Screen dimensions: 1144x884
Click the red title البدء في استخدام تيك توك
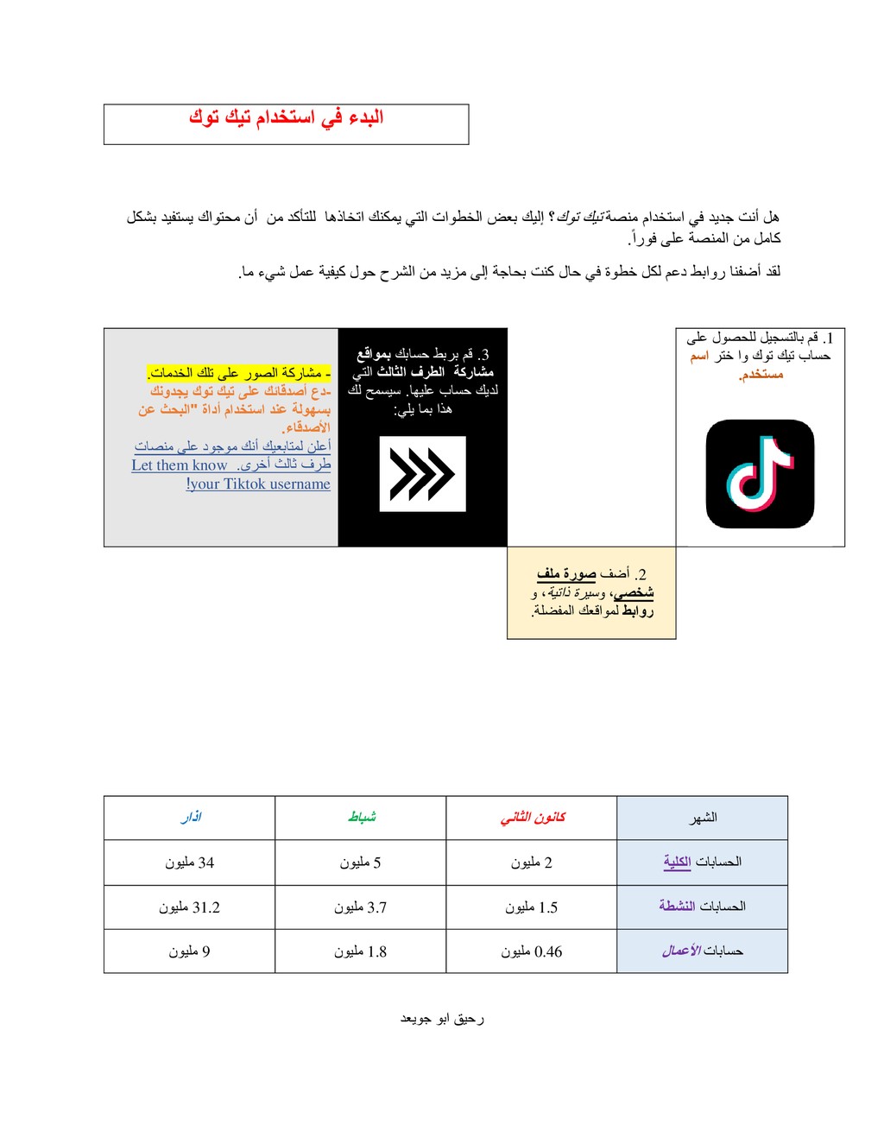pos(286,117)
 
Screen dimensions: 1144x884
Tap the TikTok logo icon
pos(760,474)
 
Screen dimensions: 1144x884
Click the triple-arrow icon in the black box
pos(422,474)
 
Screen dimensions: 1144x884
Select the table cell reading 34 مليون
pos(190,863)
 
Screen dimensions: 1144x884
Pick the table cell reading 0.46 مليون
pos(532,951)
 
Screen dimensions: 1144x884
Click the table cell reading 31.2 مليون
pos(190,907)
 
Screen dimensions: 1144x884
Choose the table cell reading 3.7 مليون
pos(361,907)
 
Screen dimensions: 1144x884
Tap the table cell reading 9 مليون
pos(190,951)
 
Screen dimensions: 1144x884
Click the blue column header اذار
pos(191,817)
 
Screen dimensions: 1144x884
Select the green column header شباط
pos(362,817)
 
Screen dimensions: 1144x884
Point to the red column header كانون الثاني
pos(533,817)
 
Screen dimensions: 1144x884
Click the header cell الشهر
pos(703,818)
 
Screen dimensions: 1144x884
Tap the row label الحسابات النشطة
pos(702,906)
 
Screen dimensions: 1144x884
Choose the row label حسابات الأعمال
pos(702,951)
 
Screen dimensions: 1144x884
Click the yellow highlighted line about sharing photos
pos(238,373)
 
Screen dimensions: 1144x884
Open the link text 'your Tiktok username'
pos(259,484)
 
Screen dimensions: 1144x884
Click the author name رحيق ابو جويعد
pos(442,1019)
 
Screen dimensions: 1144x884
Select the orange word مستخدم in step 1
pos(761,375)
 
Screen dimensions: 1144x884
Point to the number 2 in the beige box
pos(641,574)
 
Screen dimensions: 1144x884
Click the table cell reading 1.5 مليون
pos(532,907)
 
